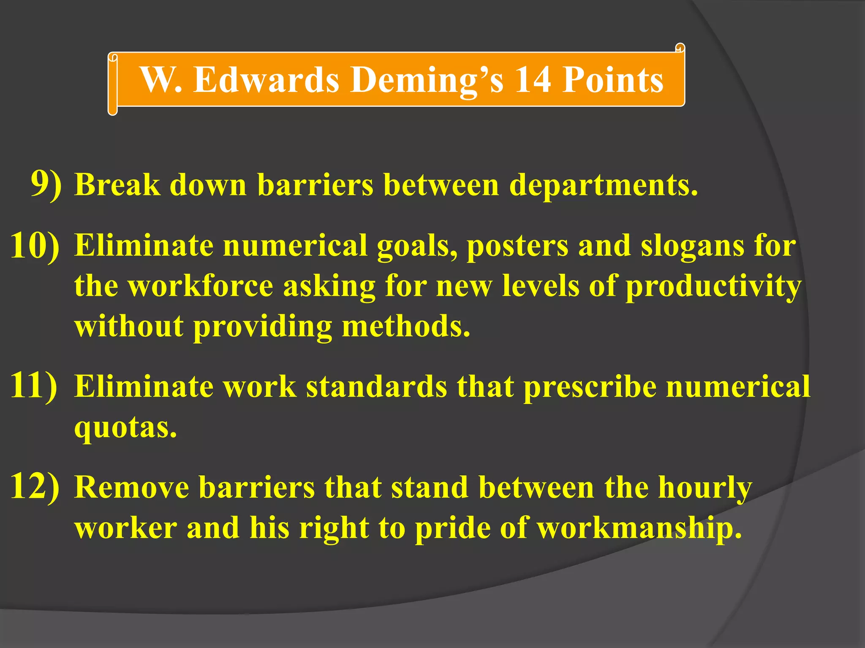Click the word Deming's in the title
pos(427,80)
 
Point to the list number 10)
pos(35,246)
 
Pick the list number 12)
pos(35,486)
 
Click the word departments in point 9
pos(603,186)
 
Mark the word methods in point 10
pos(405,326)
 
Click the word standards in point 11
pos(376,386)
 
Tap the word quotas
pos(125,428)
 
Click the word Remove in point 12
pos(132,488)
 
